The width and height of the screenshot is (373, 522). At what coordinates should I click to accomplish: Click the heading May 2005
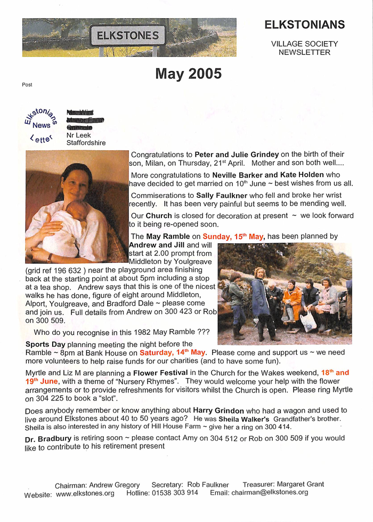[x=188, y=74]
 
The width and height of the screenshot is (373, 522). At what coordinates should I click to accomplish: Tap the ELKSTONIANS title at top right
[x=304, y=25]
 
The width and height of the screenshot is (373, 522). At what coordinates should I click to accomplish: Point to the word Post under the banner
[x=27, y=85]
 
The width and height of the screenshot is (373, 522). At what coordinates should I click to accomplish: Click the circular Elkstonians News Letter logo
[x=42, y=125]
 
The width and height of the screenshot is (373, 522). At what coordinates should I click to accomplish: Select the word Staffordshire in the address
[x=86, y=143]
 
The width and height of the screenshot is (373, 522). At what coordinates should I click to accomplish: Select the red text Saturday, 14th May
[x=174, y=352]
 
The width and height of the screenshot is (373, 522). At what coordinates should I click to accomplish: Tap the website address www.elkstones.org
[x=85, y=493]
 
